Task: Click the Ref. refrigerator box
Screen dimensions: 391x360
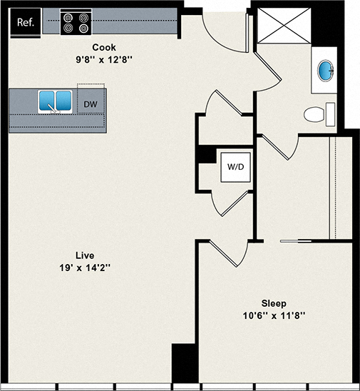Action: coord(24,22)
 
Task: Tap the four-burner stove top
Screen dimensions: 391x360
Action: coord(76,22)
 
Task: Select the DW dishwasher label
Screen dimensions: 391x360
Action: coord(90,103)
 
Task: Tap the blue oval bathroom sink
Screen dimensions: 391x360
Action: coord(325,71)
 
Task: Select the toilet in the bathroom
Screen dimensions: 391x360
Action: coord(317,114)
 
